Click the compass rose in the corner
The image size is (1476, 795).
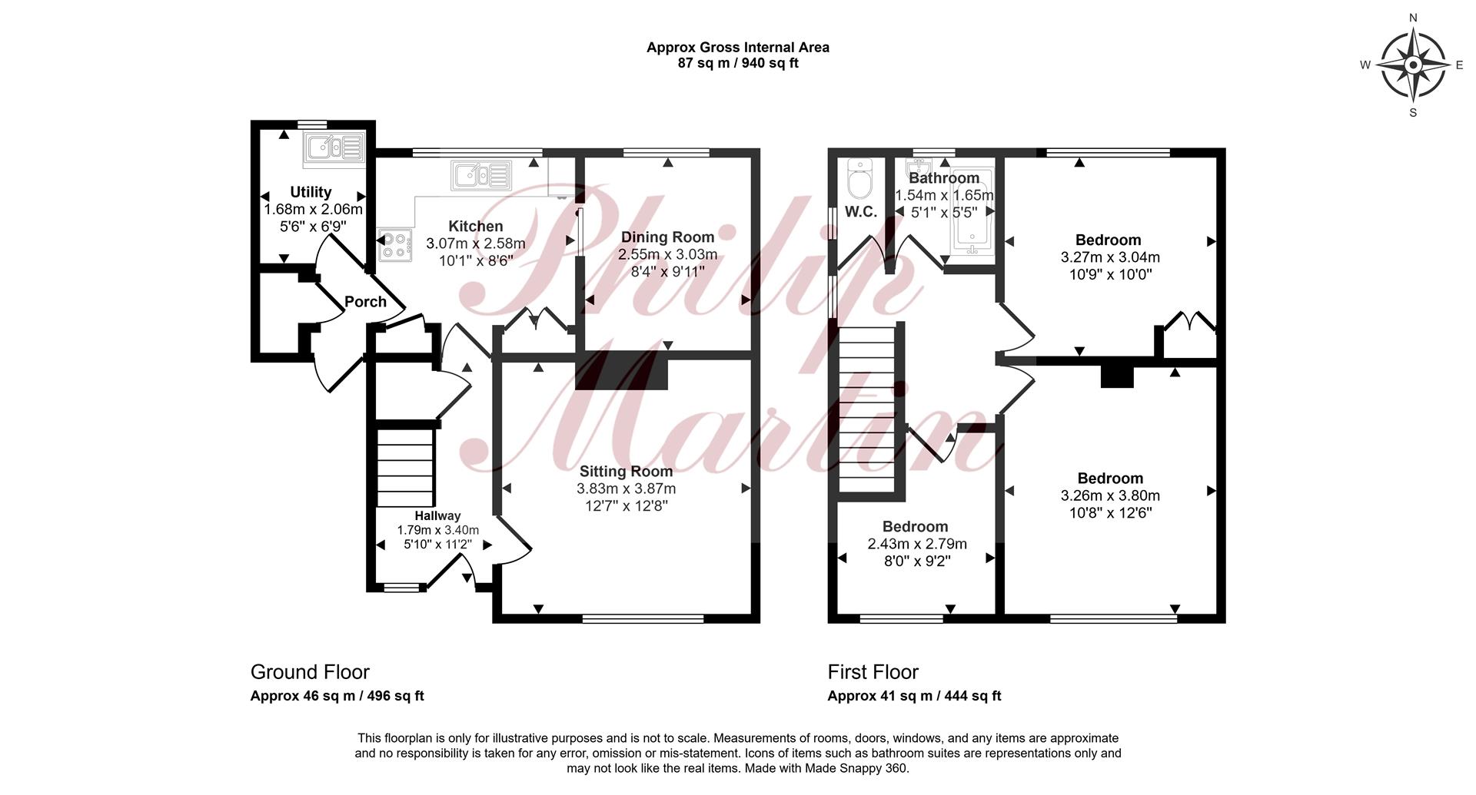[x=1413, y=65]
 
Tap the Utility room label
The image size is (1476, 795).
[x=311, y=192]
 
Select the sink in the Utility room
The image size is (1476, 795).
[x=334, y=148]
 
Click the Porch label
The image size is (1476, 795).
[x=365, y=302]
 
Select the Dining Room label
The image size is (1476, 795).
[x=667, y=237]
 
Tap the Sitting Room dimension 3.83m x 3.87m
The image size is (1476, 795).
[x=627, y=489]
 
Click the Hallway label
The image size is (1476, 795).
[x=437, y=516]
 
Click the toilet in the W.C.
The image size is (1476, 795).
[x=856, y=179]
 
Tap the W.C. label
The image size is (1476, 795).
[x=861, y=213]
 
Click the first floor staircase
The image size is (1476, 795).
[x=868, y=409]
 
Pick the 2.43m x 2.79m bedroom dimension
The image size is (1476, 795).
[x=917, y=544]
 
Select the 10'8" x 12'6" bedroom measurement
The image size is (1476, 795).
[x=1110, y=513]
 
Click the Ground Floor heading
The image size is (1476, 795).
[x=310, y=672]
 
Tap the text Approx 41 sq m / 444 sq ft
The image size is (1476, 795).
[x=914, y=697]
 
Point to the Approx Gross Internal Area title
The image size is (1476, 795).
[x=738, y=48]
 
